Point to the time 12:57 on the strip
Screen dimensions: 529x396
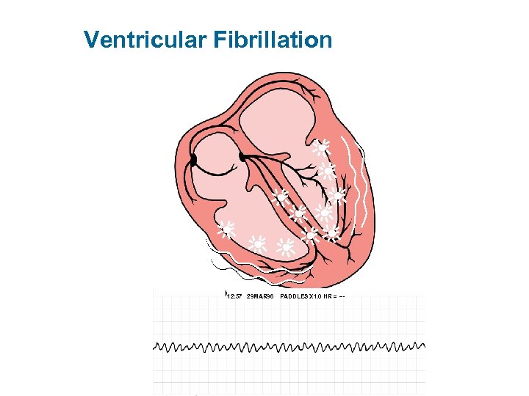[234, 296]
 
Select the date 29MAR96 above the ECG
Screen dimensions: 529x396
[261, 296]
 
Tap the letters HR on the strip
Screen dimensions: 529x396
[331, 296]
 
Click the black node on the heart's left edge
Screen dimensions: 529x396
[193, 159]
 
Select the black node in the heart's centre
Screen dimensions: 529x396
[242, 156]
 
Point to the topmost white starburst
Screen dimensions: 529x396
[320, 147]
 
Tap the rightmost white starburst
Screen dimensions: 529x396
[337, 196]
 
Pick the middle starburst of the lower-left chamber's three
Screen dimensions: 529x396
[258, 243]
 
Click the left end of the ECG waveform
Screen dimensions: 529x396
[154, 346]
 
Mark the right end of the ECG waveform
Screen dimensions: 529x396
[425, 344]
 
